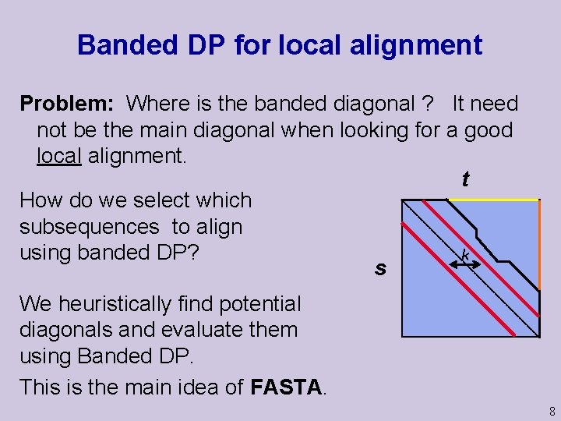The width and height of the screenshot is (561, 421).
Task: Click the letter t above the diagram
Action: coord(465,180)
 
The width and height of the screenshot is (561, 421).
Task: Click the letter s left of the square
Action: coord(379,269)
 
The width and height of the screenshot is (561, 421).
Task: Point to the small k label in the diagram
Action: coord(464,254)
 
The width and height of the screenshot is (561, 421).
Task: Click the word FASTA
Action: coord(286,386)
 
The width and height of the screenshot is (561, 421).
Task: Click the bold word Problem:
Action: coord(69,103)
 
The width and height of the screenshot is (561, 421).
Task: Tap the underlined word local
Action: coord(58,156)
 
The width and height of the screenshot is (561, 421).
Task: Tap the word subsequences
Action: coord(89,227)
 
